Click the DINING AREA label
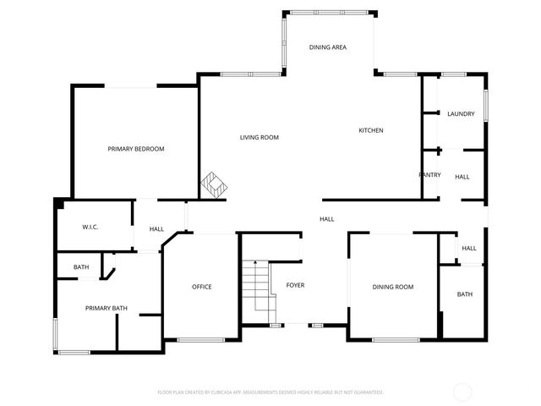pyautogui.click(x=327, y=47)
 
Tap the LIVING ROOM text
pyautogui.click(x=259, y=137)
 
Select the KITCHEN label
pyautogui.click(x=371, y=130)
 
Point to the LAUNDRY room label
pyautogui.click(x=461, y=114)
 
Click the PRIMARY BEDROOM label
pyautogui.click(x=136, y=149)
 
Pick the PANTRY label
pyautogui.click(x=429, y=174)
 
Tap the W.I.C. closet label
pyautogui.click(x=91, y=228)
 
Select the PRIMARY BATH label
pyautogui.click(x=107, y=308)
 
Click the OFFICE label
pyautogui.click(x=201, y=287)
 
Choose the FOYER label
pyautogui.click(x=295, y=285)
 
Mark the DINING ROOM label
pyautogui.click(x=393, y=287)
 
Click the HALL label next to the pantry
pyautogui.click(x=462, y=177)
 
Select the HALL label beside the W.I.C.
pyautogui.click(x=156, y=229)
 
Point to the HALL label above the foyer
pyautogui.click(x=326, y=219)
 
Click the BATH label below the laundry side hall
pyautogui.click(x=465, y=294)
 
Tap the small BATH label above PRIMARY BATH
pyautogui.click(x=81, y=267)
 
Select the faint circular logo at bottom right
pyautogui.click(x=462, y=392)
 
